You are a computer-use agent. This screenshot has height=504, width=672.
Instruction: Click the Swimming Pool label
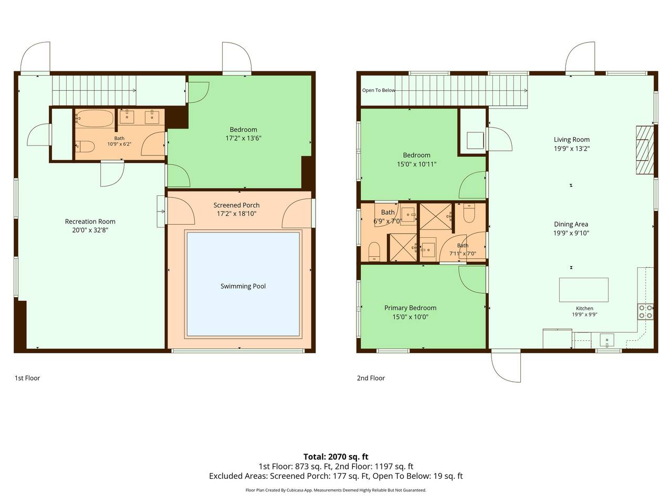click(243, 286)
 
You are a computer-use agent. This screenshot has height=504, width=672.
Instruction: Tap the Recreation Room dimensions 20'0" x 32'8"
click(90, 230)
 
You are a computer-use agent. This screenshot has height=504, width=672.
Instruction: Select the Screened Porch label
click(236, 205)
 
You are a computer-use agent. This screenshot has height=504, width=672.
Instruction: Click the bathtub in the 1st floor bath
click(94, 118)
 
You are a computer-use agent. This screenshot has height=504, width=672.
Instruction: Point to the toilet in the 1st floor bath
click(85, 146)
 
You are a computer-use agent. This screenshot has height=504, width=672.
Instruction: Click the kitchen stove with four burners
click(645, 311)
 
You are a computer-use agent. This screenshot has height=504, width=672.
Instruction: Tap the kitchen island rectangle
click(583, 290)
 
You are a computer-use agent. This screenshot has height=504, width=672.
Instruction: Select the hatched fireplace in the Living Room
click(645, 150)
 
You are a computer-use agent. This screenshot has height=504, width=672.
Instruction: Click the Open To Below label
click(379, 90)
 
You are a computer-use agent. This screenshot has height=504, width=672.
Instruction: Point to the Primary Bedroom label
click(410, 308)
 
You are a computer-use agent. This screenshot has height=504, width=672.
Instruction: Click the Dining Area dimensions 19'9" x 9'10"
click(571, 233)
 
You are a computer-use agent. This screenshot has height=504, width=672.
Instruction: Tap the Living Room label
click(572, 140)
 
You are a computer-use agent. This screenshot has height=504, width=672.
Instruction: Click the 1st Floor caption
click(27, 378)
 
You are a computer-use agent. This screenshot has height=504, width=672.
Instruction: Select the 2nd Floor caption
click(371, 378)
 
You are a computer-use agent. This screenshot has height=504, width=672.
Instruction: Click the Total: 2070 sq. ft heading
click(336, 457)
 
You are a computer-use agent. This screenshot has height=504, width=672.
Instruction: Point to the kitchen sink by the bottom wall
click(607, 341)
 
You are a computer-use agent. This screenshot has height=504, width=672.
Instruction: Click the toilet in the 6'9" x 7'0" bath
click(374, 252)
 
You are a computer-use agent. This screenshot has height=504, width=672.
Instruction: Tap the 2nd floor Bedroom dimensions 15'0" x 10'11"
click(416, 164)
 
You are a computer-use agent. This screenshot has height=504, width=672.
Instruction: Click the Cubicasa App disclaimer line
click(336, 490)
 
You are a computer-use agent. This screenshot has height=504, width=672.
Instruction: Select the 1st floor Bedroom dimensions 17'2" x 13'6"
click(244, 138)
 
